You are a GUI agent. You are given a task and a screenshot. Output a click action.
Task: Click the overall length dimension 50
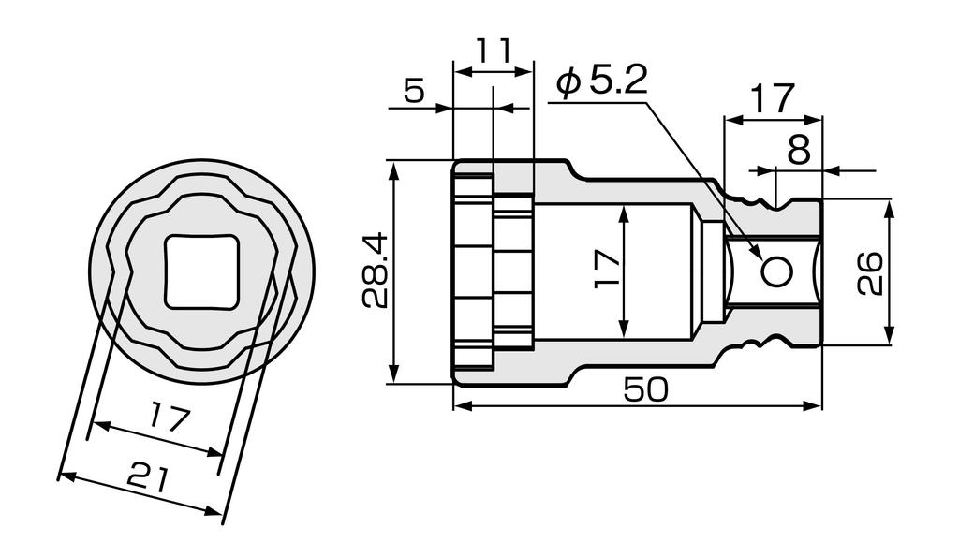pos(645,390)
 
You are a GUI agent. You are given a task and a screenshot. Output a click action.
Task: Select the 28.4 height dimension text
pos(376,272)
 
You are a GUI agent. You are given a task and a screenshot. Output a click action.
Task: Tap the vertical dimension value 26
pos(870,272)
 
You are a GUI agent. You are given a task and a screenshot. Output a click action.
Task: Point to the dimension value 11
pos(494,51)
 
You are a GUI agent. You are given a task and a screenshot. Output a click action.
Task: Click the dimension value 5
pos(414,91)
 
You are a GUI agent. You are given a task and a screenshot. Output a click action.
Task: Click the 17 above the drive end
pos(773,98)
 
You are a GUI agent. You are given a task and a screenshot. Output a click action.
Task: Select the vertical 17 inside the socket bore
pos(607,270)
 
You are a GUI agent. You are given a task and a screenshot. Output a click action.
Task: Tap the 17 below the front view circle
pos(170,416)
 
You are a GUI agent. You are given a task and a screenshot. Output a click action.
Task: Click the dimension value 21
pos(148,478)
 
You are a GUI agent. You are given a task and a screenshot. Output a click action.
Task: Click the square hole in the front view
pos(202,271)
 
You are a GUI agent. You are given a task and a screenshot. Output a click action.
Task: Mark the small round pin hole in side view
pos(776,271)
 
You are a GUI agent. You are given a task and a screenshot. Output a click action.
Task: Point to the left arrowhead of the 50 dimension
pos(460,406)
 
